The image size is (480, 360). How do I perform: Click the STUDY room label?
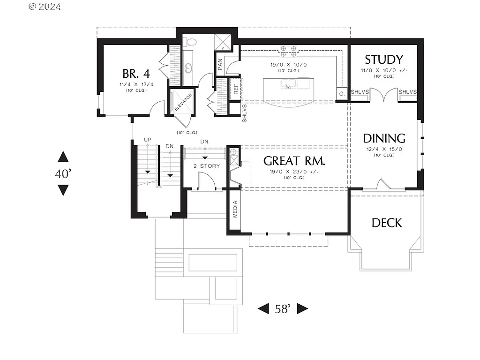pos(384,60)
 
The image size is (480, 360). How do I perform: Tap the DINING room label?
pos(384,138)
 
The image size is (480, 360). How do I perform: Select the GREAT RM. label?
pos(294,161)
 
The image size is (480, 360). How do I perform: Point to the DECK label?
pos(387,223)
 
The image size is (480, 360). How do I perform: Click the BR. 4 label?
pos(136,74)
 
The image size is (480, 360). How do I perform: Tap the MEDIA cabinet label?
pos(235,210)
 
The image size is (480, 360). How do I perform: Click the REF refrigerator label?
pos(236,89)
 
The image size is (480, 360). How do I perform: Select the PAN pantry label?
pos(220,63)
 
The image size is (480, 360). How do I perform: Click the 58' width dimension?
pos(283,308)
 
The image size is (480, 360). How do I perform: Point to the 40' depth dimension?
pos(63,173)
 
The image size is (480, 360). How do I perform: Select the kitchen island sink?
pos(288,83)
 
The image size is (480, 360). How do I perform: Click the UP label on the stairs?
pos(148,140)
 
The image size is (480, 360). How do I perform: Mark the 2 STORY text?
pos(207,166)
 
